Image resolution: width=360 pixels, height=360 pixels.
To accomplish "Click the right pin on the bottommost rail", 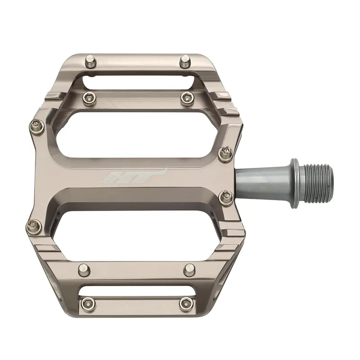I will (184, 303).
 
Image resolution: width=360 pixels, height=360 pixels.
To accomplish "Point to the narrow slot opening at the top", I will (137, 81).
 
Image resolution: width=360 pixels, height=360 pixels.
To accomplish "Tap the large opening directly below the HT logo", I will (139, 225).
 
